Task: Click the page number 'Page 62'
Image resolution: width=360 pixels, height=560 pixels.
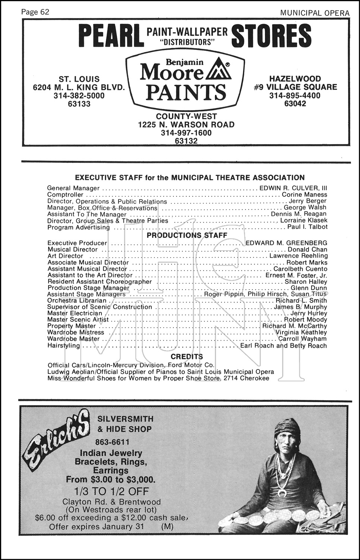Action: coord(35,12)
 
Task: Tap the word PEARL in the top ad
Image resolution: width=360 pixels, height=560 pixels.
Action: coord(111,36)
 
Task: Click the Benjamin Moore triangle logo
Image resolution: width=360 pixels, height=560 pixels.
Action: coord(218,70)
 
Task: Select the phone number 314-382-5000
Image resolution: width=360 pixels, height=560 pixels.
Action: coord(79,96)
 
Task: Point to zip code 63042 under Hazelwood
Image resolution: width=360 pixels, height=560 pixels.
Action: coord(295,104)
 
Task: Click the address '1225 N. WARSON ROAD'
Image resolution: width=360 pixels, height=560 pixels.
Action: coord(186,125)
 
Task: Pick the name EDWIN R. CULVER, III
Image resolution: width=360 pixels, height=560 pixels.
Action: coord(293,188)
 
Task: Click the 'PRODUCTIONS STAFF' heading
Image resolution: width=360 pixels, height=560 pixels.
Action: coord(187,235)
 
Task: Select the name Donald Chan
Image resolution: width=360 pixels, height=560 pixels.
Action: coord(307,249)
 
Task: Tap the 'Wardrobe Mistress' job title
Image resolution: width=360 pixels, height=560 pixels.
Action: coord(76,332)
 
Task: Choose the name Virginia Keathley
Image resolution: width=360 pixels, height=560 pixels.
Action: coord(301,332)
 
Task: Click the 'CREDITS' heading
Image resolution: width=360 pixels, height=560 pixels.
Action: coord(187,357)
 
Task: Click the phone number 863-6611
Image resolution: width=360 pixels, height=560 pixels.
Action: coord(112,442)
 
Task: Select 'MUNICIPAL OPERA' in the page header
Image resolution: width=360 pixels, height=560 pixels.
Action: coord(315,13)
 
